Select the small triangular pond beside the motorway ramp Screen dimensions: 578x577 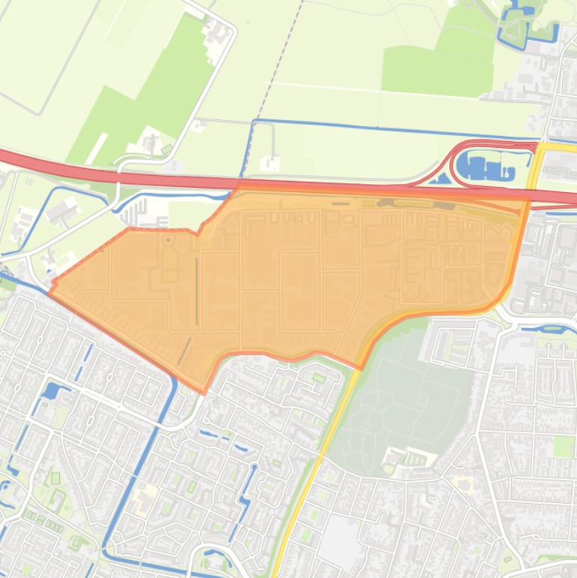coord(443,179)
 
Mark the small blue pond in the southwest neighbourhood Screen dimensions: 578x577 coord(51,390)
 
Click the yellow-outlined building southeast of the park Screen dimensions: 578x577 coord(461,480)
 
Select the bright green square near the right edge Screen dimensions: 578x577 coord(564,446)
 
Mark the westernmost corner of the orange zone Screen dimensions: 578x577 coord(51,287)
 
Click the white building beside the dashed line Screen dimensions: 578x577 coord(269,162)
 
